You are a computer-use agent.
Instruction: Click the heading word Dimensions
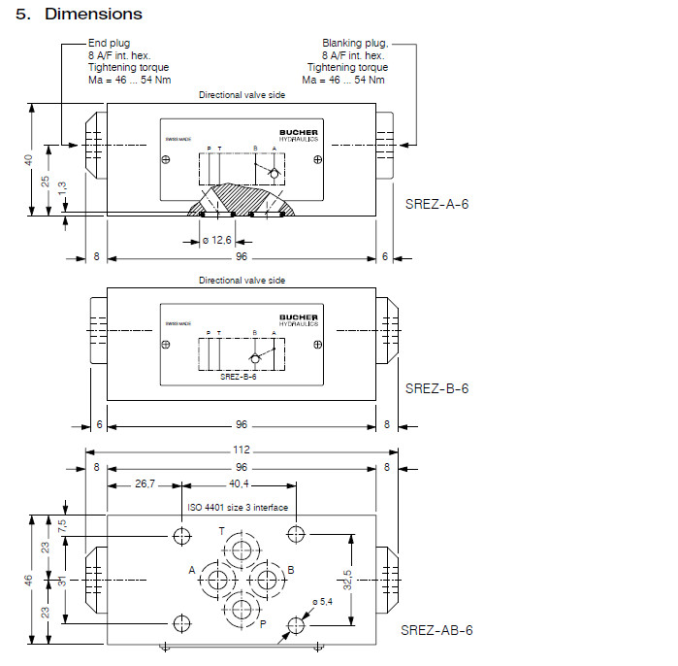[93, 14]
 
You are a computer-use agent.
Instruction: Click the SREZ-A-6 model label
[436, 204]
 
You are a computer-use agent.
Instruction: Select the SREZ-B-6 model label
[436, 388]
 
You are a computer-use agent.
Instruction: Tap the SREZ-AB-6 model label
[436, 630]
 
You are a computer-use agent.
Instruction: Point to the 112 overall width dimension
[242, 450]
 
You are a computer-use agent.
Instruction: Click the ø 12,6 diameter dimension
[218, 240]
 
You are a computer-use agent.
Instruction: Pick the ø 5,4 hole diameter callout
[323, 602]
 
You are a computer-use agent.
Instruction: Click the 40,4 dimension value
[239, 483]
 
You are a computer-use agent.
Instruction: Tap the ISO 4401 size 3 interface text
[238, 507]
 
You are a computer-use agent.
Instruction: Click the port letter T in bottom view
[221, 531]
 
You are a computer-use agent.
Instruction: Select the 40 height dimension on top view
[29, 158]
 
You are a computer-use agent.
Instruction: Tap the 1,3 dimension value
[61, 190]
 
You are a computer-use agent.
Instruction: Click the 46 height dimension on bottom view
[29, 580]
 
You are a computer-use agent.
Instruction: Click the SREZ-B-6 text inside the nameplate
[238, 377]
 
